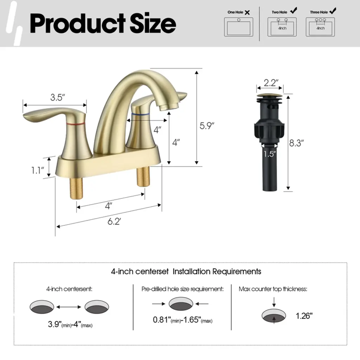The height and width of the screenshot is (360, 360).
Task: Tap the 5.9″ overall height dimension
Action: tap(207, 126)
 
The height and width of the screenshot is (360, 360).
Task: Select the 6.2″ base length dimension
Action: tap(114, 221)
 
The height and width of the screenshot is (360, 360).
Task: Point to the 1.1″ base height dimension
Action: tap(37, 171)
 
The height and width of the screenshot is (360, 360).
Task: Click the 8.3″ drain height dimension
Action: tap(296, 143)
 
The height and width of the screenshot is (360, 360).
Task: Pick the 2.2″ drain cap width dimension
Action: tap(271, 83)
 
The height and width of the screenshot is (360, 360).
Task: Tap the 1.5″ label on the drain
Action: tap(270, 154)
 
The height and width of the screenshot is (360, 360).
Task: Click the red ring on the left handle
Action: tap(76, 124)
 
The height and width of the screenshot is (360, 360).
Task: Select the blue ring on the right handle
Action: tap(141, 114)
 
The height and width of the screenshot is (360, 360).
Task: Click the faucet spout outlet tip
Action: tap(169, 107)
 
